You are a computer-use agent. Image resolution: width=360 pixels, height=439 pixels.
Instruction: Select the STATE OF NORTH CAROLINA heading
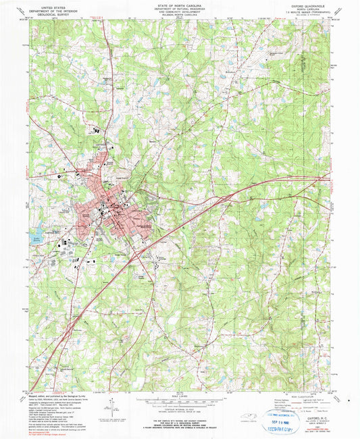(x=180, y=5)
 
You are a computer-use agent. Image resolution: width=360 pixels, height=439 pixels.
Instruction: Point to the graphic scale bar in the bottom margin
(x=180, y=402)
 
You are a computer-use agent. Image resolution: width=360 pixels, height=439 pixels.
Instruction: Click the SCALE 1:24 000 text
(x=180, y=395)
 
